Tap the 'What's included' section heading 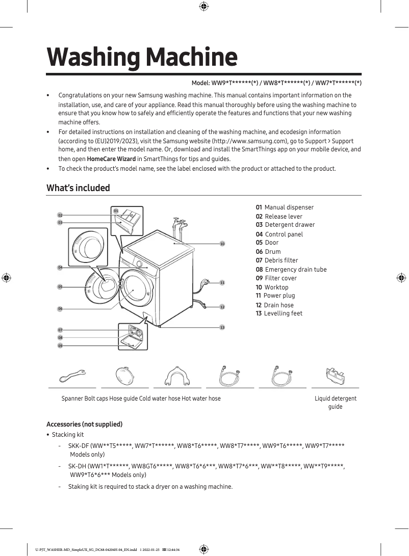pyautogui.click(x=78, y=188)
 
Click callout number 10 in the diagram pyautogui.click(x=222, y=244)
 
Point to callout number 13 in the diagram pyautogui.click(x=222, y=327)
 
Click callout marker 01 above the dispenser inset pyautogui.click(x=116, y=210)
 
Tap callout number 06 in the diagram pyautogui.click(x=60, y=309)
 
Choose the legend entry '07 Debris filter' pyautogui.click(x=277, y=260)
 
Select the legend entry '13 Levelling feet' pyautogui.click(x=279, y=313)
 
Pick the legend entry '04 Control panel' pyautogui.click(x=279, y=234)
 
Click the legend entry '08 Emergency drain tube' pyautogui.click(x=291, y=270)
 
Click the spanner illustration pyautogui.click(x=72, y=376)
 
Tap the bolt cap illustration pyautogui.click(x=125, y=376)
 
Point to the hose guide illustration pyautogui.click(x=177, y=376)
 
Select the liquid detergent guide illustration pyautogui.click(x=335, y=376)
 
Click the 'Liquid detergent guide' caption pyautogui.click(x=335, y=402)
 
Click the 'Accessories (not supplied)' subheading pyautogui.click(x=84, y=424)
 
